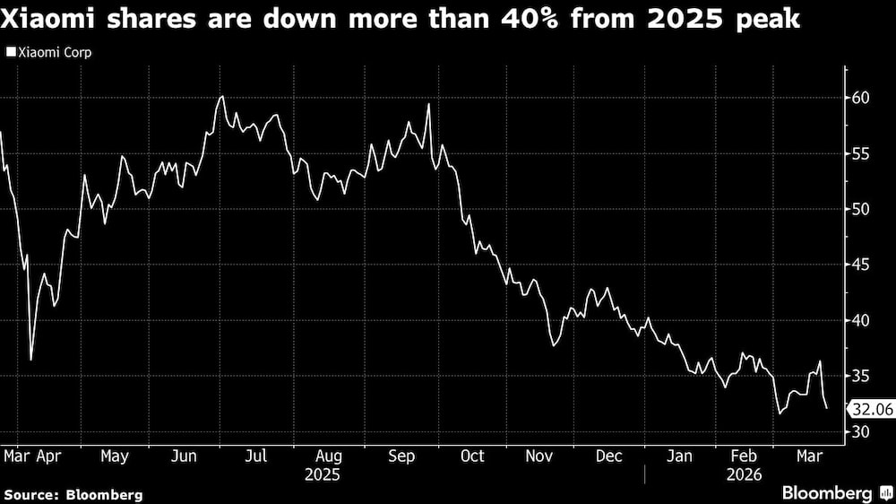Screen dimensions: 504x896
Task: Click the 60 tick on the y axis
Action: (x=859, y=97)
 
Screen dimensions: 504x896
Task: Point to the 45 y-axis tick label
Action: (x=859, y=265)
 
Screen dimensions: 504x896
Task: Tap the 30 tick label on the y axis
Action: (x=859, y=432)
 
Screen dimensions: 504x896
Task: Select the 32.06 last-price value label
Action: (x=870, y=408)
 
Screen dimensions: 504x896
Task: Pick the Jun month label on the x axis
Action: (x=184, y=456)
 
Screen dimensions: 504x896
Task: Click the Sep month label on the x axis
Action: (x=402, y=456)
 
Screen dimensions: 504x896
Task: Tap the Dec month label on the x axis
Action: (x=609, y=456)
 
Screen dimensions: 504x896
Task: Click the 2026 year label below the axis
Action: (x=744, y=474)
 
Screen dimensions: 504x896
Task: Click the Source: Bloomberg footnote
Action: (x=73, y=494)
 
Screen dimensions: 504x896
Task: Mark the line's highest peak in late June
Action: (x=221, y=96)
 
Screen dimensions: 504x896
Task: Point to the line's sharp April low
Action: (x=31, y=360)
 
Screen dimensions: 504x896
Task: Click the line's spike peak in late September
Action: (x=429, y=104)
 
